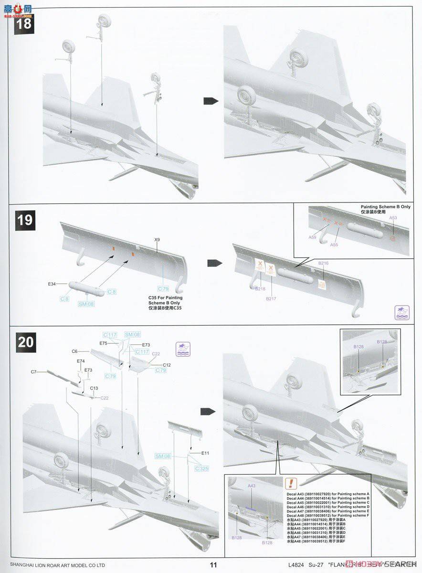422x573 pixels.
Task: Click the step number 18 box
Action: point(23,22)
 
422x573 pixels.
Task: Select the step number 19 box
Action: point(25,220)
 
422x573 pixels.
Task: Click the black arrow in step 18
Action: point(211,101)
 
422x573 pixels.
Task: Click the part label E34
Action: point(52,284)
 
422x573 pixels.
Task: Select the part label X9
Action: point(157,240)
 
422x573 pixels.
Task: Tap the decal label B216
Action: point(324,263)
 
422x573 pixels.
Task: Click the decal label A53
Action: point(393,218)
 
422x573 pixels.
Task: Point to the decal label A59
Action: point(312,237)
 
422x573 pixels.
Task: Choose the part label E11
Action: point(205,453)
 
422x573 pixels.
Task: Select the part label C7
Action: point(33,371)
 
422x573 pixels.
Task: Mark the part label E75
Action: point(104,343)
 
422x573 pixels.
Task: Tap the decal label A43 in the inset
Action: point(252,486)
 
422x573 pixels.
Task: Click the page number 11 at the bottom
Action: point(213,564)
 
